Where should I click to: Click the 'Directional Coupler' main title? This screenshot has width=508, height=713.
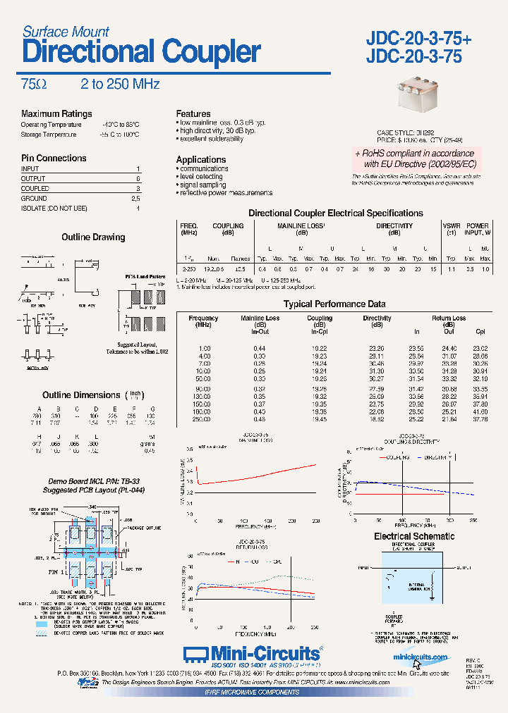pos(141,52)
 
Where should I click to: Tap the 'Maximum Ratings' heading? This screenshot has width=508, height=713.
pos(56,114)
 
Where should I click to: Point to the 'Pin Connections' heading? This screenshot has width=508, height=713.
pos(54,159)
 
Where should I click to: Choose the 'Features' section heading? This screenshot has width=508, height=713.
pos(193,114)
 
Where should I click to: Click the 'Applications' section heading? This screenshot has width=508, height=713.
pos(201,160)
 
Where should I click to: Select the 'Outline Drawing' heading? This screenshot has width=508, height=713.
pos(93,237)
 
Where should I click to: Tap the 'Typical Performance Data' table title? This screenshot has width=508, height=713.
pos(334,304)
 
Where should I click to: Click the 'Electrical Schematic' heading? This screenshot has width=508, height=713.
pos(414,537)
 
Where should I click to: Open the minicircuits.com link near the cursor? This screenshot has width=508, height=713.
pos(420,658)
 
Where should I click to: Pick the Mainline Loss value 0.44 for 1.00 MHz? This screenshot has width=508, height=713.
pos(260,349)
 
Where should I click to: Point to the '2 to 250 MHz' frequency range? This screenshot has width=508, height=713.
pos(120,85)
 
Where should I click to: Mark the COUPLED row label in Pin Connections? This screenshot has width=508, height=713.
pos(35,189)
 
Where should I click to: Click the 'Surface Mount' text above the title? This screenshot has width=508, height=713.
pos(66,32)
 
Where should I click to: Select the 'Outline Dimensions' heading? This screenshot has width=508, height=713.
pos(81,395)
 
